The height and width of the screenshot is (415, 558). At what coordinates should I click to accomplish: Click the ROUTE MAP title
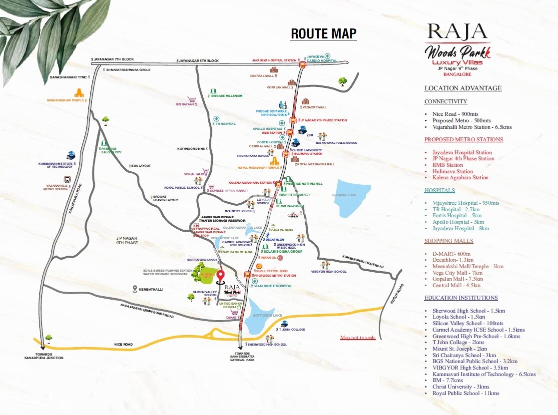click(x=324, y=33)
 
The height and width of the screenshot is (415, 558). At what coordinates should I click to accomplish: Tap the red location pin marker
click(x=220, y=276)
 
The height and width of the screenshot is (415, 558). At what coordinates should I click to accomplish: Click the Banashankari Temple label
click(x=65, y=100)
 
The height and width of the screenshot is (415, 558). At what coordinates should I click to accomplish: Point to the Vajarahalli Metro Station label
click(x=55, y=188)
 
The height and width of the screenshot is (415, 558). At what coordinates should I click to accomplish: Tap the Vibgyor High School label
click(x=328, y=272)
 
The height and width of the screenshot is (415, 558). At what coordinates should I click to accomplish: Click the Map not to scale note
click(x=358, y=338)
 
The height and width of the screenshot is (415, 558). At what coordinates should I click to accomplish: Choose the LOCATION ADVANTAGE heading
click(x=463, y=88)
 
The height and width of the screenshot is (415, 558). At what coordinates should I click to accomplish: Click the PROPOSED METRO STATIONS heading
click(x=464, y=140)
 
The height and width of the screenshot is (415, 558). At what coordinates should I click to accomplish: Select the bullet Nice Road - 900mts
click(x=455, y=114)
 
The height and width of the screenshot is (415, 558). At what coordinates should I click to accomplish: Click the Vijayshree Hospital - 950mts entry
click(x=466, y=203)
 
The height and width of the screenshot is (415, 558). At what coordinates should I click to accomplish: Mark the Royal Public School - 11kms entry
click(x=466, y=394)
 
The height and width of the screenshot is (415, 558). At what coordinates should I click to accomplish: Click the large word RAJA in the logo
click(x=457, y=32)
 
